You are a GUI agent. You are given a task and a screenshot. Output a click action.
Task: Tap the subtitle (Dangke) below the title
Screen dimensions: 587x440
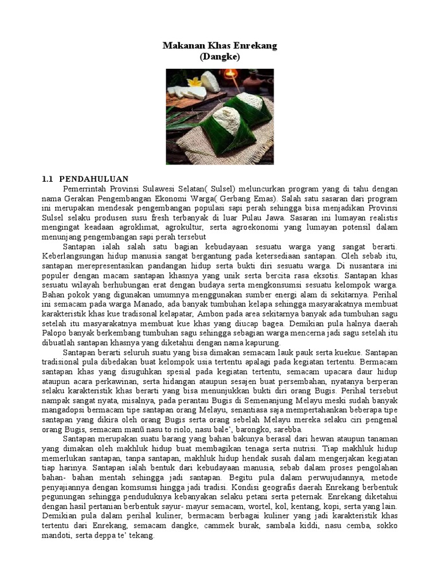[x=220, y=57]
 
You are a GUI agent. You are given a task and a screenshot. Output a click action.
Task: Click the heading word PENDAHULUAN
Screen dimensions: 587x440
[x=94, y=179]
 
